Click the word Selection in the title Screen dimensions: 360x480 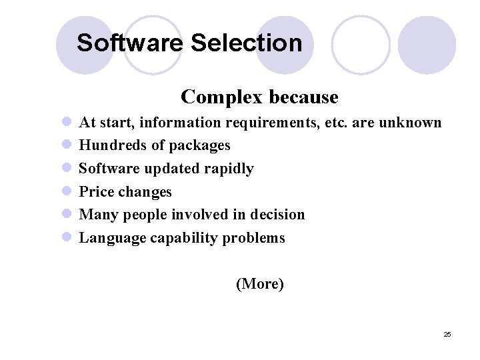246,43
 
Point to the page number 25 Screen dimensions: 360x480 447,334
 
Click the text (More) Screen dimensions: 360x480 260,283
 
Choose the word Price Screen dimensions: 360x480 97,192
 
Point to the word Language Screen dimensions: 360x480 111,238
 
